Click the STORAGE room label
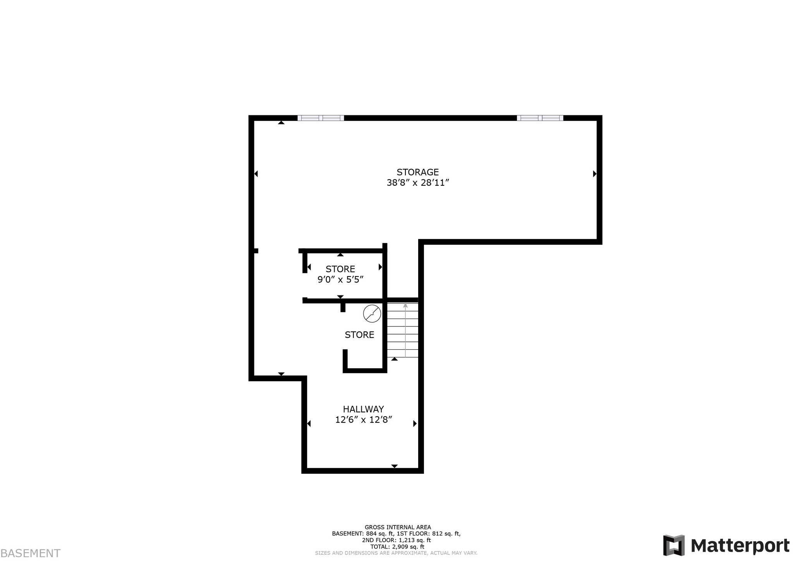point(417,172)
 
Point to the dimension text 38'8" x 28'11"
point(417,183)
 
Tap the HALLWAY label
point(363,409)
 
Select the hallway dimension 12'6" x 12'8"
point(364,420)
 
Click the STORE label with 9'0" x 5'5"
point(340,269)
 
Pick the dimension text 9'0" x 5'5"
point(340,280)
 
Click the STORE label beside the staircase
point(359,335)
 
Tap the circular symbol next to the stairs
point(372,314)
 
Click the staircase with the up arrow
point(403,330)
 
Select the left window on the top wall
point(321,118)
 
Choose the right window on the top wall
point(540,118)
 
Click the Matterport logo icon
point(674,546)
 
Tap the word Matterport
point(740,546)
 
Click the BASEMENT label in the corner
point(31,553)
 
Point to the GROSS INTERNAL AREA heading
point(398,527)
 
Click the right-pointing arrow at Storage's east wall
point(595,174)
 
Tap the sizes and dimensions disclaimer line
point(396,553)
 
